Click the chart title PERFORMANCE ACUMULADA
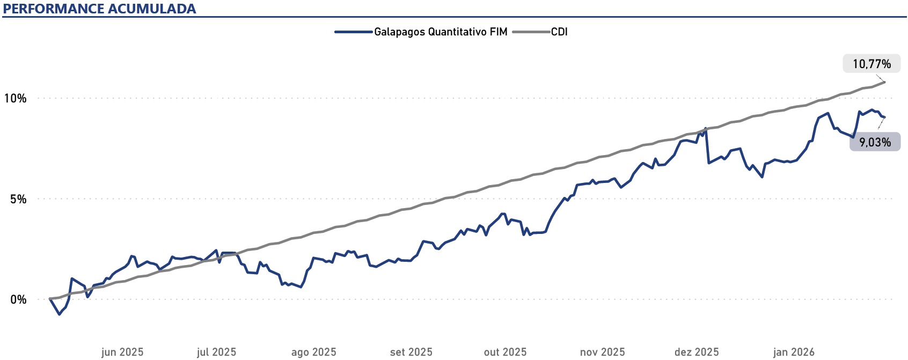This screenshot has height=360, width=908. tap(100, 9)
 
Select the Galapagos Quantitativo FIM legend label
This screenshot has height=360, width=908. tap(441, 32)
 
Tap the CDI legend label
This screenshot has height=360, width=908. tap(559, 32)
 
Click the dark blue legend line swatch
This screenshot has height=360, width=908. tap(354, 32)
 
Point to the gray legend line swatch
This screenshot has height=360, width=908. tap(531, 32)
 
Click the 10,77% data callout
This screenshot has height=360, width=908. tap(872, 64)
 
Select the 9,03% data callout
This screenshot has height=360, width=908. tap(875, 142)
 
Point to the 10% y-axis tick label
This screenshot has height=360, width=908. tap(15, 98)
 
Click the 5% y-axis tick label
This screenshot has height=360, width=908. tap(18, 199)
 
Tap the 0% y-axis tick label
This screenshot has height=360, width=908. tap(18, 299)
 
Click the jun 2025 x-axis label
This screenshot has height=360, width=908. tap(122, 352)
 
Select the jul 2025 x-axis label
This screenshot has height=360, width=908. tap(216, 352)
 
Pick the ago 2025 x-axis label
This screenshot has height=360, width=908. tap(313, 352)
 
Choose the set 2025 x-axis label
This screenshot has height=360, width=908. tap(411, 352)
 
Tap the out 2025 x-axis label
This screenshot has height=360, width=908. tap(505, 352)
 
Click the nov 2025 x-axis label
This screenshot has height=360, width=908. tap(602, 352)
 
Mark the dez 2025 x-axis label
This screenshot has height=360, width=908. tap(697, 352)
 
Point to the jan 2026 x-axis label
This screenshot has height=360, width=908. tap(794, 352)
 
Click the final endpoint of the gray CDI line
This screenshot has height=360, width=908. tap(884, 82)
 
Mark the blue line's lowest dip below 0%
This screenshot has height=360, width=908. tap(59, 314)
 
